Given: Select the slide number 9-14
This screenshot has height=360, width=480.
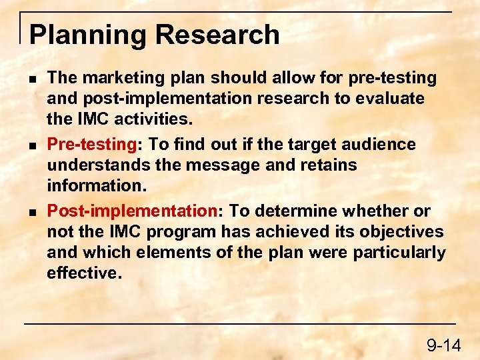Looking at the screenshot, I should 444,345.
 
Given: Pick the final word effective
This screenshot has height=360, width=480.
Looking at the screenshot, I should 83,273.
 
